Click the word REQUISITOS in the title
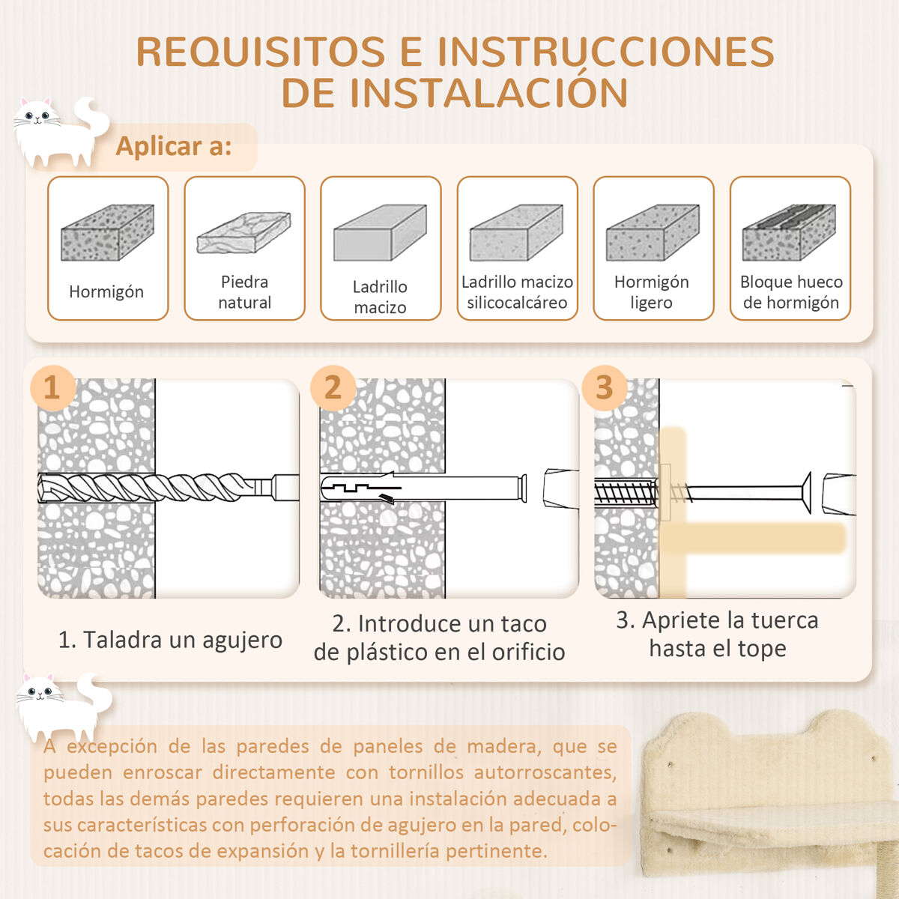(261, 52)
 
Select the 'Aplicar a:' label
(174, 147)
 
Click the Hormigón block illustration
(107, 232)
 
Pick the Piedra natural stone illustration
(243, 232)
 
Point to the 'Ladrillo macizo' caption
(380, 297)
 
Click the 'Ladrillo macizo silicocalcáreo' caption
(517, 292)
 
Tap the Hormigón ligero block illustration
(653, 232)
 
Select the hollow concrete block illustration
(789, 232)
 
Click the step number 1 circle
(52, 388)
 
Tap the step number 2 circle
(333, 388)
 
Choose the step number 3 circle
(604, 388)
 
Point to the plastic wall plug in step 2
(423, 488)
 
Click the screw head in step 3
(806, 493)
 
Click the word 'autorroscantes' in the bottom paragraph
(545, 772)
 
